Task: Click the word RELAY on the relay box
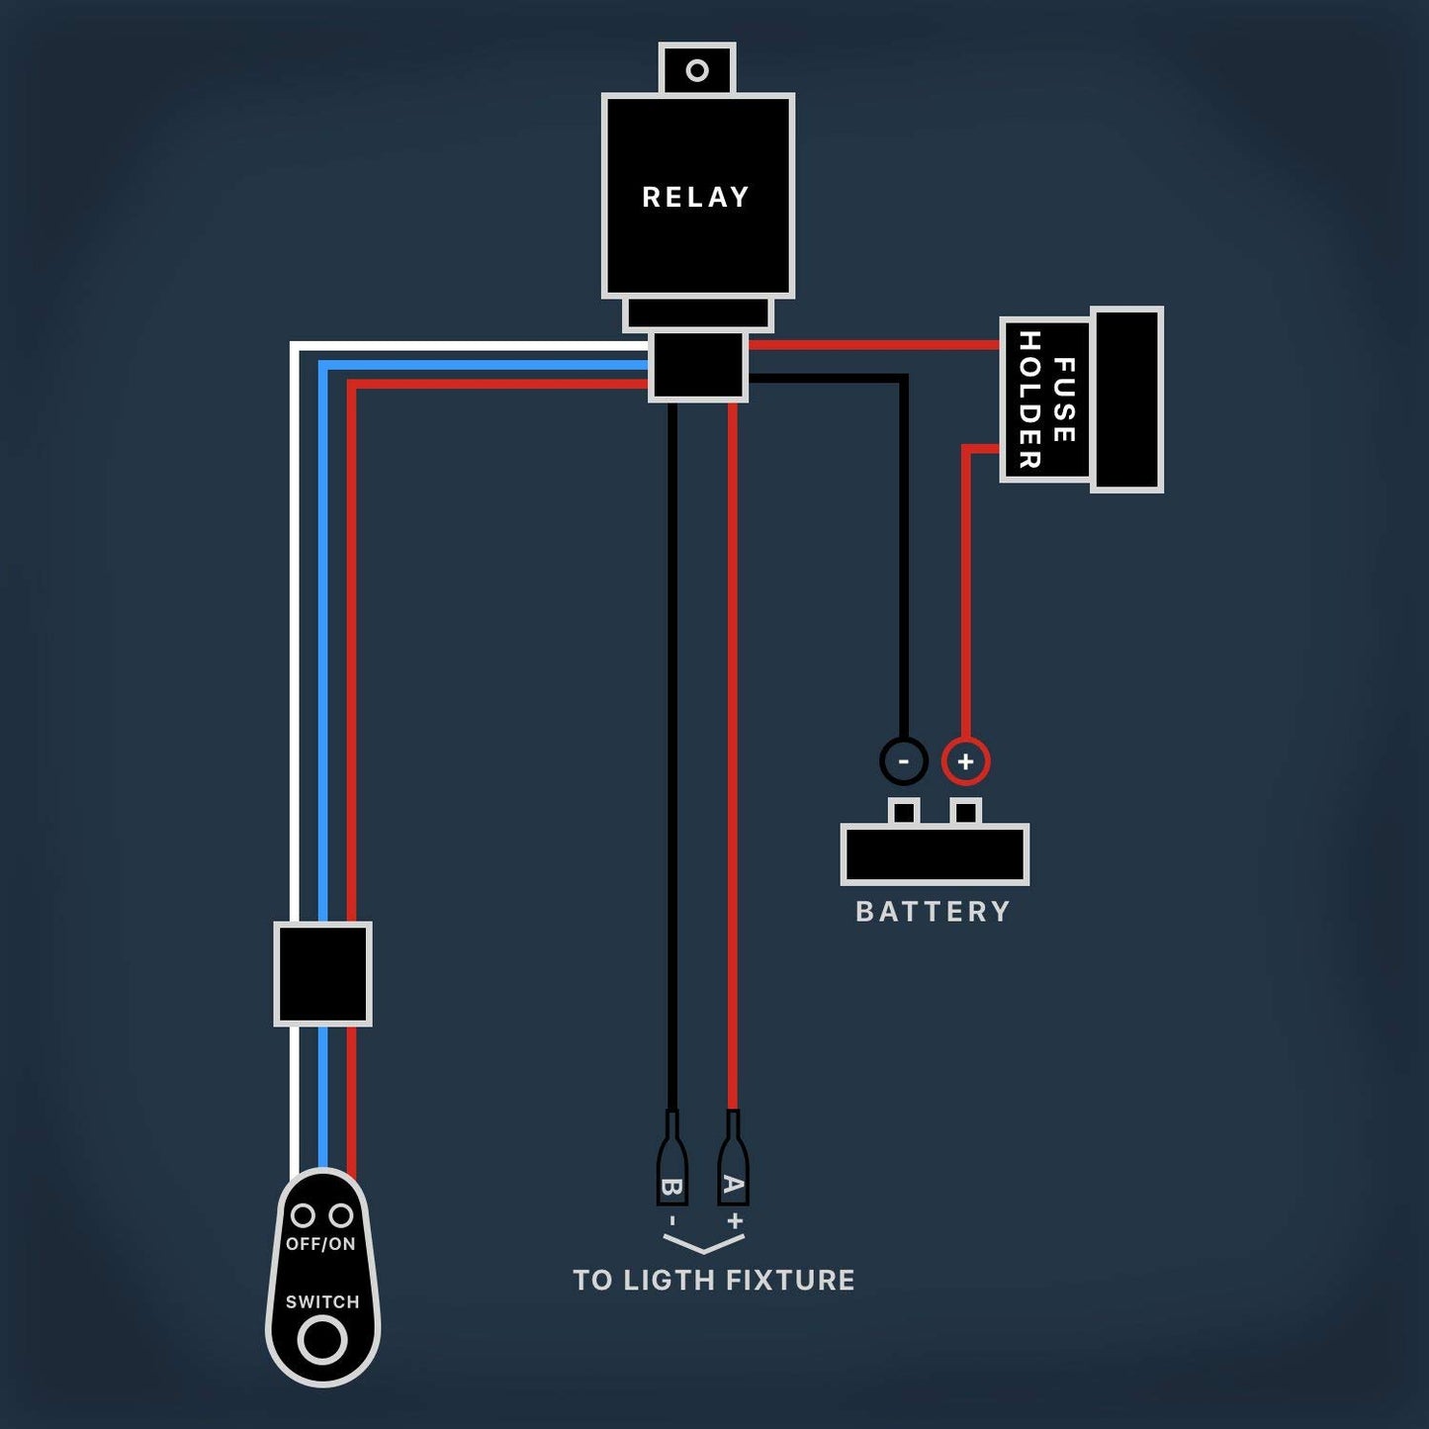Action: (x=696, y=197)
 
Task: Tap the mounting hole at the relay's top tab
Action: (x=697, y=70)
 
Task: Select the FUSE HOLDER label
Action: (x=1046, y=401)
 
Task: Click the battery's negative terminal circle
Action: (x=903, y=761)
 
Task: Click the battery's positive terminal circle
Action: (x=965, y=761)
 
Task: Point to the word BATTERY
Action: (x=933, y=911)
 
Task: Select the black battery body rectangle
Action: (x=935, y=854)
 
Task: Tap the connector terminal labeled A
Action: (x=733, y=1167)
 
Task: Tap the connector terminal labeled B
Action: (x=672, y=1167)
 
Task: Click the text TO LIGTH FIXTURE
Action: (x=713, y=1280)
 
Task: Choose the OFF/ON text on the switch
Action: (x=320, y=1244)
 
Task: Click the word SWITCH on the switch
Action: (x=322, y=1301)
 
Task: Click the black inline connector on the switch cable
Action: (x=322, y=974)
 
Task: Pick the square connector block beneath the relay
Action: (x=697, y=366)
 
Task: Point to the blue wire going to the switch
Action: (x=322, y=643)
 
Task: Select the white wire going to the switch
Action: (x=295, y=643)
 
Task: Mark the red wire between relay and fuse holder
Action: (x=870, y=345)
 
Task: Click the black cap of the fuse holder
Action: (x=1126, y=399)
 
